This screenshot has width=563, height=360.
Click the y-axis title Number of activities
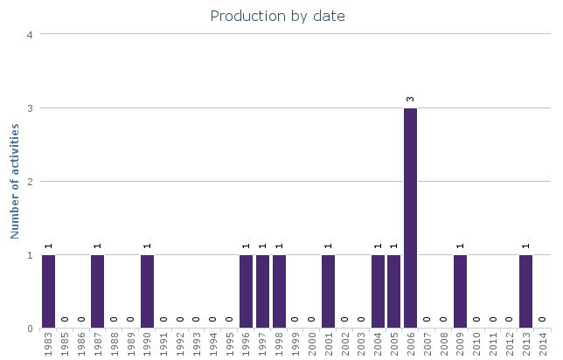(x=15, y=181)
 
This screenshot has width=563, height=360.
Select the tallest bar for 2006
(x=410, y=218)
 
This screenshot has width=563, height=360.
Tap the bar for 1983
(x=48, y=292)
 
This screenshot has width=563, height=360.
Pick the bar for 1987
(x=98, y=292)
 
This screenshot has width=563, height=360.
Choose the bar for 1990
(x=147, y=292)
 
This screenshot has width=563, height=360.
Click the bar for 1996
(x=246, y=292)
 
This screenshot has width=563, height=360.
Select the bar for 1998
(x=279, y=292)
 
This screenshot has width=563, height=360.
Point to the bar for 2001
(x=328, y=292)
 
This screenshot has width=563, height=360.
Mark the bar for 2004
(x=378, y=292)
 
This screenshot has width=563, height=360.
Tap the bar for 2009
(x=460, y=292)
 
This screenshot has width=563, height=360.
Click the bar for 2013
(x=525, y=292)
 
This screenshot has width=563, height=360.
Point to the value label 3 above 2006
(x=410, y=99)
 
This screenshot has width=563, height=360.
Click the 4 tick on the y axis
(x=30, y=35)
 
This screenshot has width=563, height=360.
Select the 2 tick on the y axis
(x=30, y=182)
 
